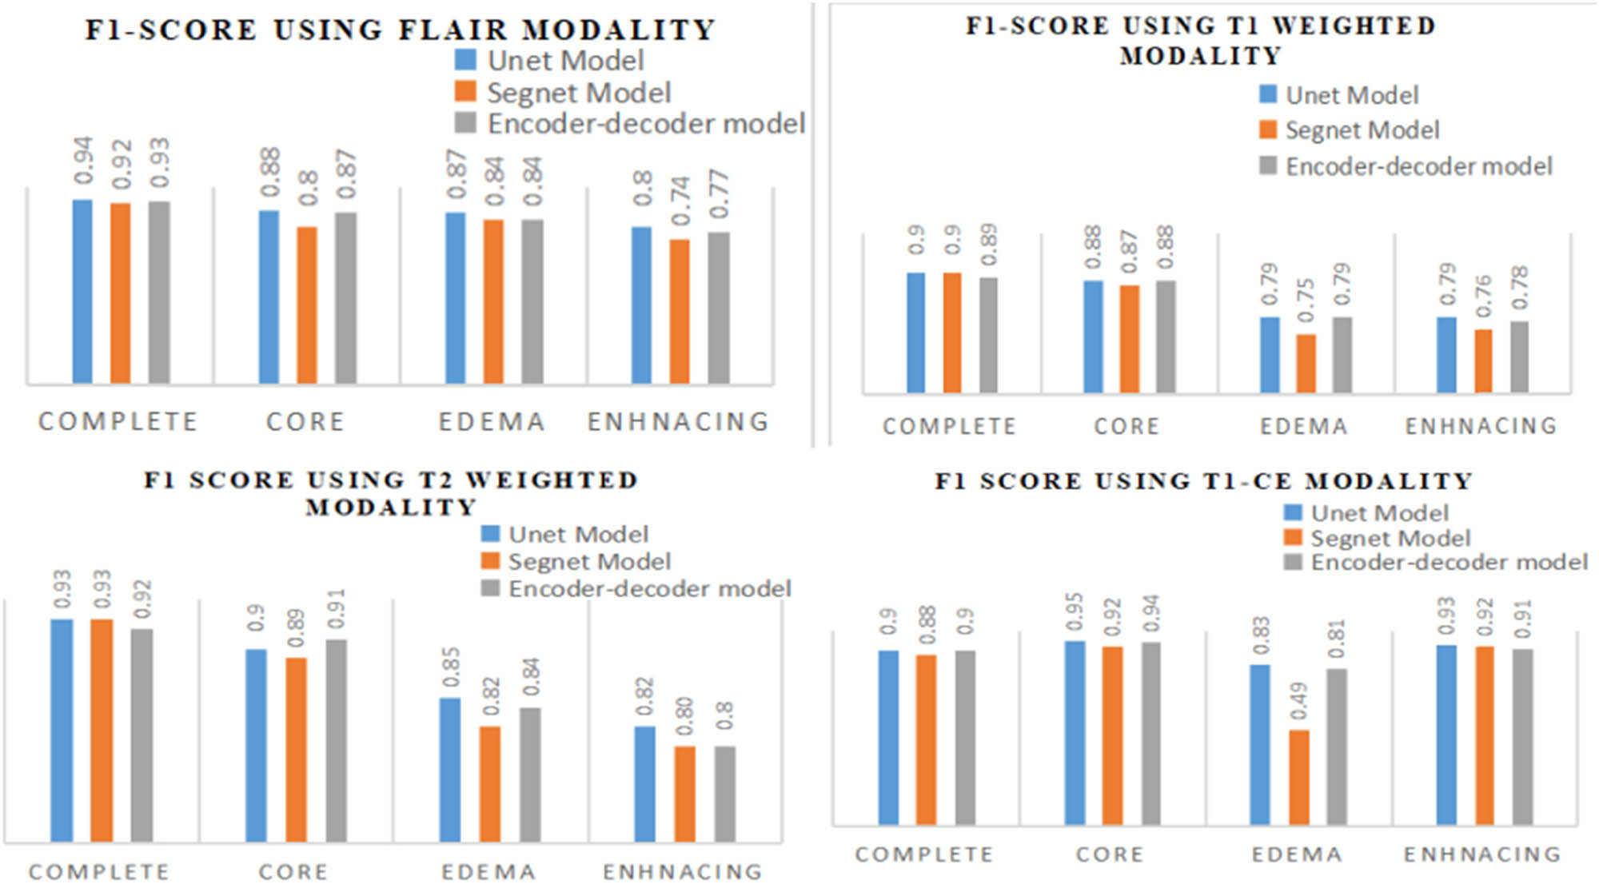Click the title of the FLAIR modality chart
[401, 30]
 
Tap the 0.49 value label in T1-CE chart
[1298, 700]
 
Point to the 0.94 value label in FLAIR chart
[83, 161]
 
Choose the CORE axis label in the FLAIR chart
[305, 421]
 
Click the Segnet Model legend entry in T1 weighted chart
[1362, 130]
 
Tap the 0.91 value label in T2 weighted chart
[336, 609]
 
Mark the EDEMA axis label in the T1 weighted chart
[1304, 426]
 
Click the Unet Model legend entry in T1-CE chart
[1379, 513]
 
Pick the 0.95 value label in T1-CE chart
[1075, 611]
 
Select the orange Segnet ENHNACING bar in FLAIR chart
[680, 312]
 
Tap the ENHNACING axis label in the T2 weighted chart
[683, 871]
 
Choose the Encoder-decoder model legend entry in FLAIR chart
[646, 124]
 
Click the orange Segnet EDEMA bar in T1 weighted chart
[1306, 364]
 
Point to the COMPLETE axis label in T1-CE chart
[924, 854]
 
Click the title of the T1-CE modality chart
[1204, 481]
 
